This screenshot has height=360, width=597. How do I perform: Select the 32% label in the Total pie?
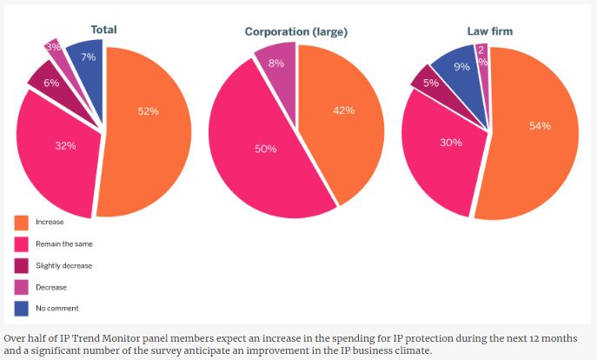click(x=65, y=145)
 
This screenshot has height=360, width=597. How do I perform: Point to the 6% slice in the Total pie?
click(x=51, y=82)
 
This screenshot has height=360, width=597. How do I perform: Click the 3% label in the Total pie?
click(x=54, y=46)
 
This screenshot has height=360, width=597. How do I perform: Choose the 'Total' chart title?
click(x=103, y=30)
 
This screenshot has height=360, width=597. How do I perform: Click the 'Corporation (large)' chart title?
click(x=296, y=32)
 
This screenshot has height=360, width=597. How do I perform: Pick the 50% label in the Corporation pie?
click(x=265, y=149)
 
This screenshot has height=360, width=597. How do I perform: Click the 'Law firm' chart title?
click(x=490, y=31)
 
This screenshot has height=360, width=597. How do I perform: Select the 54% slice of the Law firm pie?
click(x=539, y=126)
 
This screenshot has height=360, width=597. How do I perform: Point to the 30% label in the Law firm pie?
click(x=450, y=142)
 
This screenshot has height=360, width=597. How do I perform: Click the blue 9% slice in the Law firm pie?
click(x=460, y=67)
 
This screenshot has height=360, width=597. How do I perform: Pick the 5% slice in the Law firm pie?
click(x=430, y=83)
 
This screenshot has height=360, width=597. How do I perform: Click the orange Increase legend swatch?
click(x=21, y=222)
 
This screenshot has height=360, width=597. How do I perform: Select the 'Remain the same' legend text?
click(x=63, y=243)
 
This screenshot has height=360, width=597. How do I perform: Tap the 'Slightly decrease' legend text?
click(x=65, y=265)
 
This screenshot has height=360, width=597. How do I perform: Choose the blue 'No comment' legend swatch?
click(x=21, y=308)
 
